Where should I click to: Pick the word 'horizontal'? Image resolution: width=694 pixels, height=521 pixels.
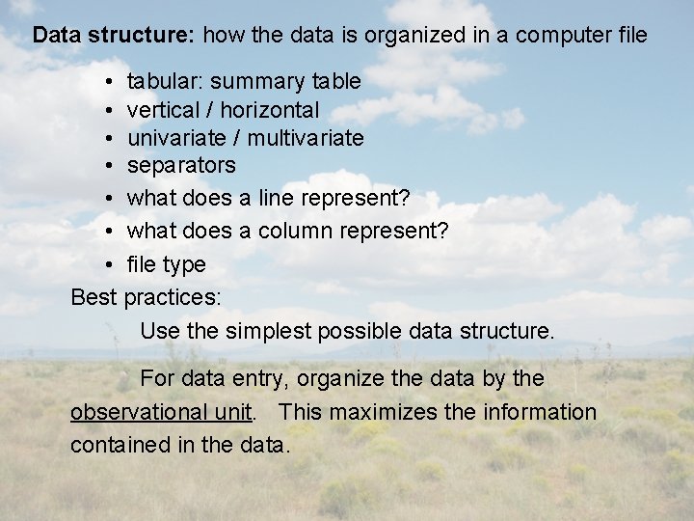[273, 110]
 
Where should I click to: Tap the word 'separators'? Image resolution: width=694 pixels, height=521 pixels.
[181, 166]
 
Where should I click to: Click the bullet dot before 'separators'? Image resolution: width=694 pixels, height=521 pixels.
[112, 166]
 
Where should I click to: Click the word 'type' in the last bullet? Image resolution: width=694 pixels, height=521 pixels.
[184, 264]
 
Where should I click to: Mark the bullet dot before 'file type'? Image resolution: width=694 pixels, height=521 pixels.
[112, 264]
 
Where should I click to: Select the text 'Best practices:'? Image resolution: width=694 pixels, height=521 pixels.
[147, 297]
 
